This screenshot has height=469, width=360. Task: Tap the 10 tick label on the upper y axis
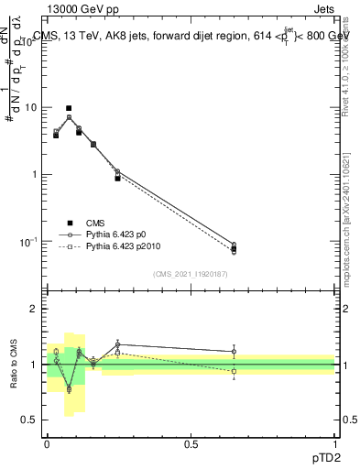[30, 107]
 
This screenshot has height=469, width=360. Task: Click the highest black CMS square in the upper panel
[69, 108]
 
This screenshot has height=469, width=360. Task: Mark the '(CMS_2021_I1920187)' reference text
[191, 273]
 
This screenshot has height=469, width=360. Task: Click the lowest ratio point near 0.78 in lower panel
[69, 389]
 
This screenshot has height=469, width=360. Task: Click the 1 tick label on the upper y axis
[34, 174]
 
